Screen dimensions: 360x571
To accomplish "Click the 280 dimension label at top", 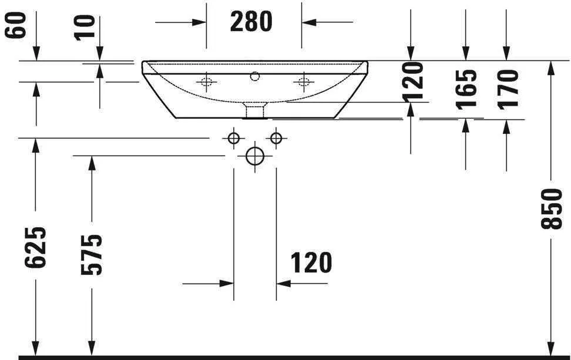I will click(x=251, y=22).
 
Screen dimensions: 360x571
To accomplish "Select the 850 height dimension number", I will click(x=552, y=209).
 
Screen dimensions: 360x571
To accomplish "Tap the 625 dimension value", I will click(x=35, y=246).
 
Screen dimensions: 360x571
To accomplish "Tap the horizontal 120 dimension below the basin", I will click(x=311, y=263).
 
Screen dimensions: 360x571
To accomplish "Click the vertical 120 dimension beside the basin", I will click(x=414, y=80).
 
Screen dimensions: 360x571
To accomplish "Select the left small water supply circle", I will click(x=234, y=138).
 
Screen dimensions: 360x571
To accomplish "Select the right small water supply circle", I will click(x=276, y=138).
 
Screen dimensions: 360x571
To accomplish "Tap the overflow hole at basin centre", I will click(x=254, y=76).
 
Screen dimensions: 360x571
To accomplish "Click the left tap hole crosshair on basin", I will click(x=207, y=81).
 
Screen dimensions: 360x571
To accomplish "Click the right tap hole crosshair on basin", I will click(x=303, y=81).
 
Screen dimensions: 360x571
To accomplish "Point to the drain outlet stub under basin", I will click(x=254, y=110).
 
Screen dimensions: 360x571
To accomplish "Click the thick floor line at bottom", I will click(x=294, y=357).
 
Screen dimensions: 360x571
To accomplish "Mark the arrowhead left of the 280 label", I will click(x=200, y=22).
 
